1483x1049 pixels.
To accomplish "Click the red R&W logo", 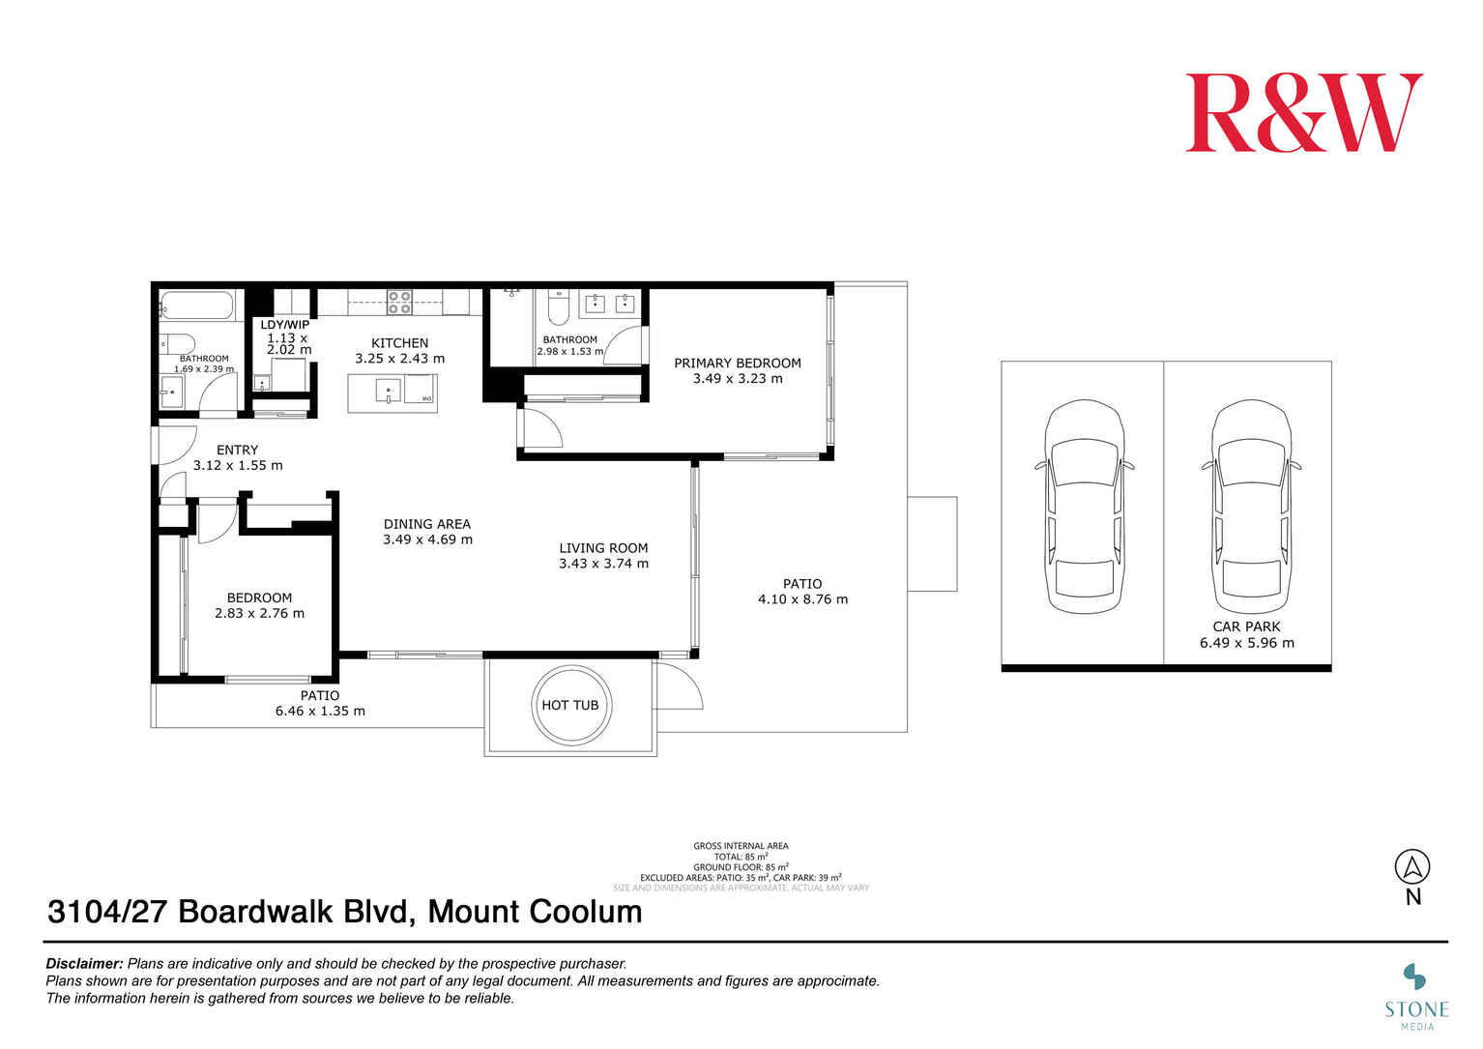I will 1303,113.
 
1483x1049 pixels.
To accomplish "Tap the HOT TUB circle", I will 569,705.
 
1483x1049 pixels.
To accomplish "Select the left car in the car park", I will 1083,507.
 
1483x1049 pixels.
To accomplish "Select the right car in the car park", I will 1251,507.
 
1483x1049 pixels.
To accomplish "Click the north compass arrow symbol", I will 1412,866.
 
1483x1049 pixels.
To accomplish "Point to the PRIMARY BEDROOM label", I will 737,364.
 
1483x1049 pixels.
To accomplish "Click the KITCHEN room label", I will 399,343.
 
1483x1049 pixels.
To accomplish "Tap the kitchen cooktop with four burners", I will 399,302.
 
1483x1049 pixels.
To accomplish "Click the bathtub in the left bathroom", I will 197,306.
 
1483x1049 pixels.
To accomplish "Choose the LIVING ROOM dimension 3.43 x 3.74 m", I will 603,564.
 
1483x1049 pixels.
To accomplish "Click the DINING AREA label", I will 426,524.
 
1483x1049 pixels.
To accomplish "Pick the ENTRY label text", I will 237,450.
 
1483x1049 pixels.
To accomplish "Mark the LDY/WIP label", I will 285,325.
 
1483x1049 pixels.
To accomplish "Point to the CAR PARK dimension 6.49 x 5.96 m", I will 1246,643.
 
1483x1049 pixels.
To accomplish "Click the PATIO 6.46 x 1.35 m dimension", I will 320,711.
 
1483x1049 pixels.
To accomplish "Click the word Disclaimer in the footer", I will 84,964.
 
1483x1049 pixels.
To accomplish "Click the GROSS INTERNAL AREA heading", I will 741,846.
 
